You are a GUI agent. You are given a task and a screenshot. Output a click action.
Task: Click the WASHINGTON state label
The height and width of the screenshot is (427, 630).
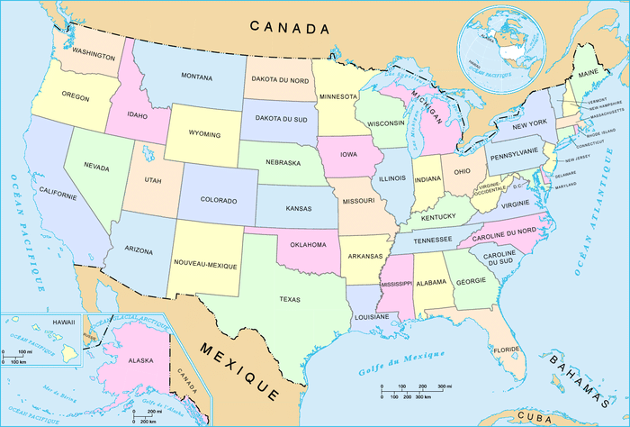pyautogui.click(x=94, y=56)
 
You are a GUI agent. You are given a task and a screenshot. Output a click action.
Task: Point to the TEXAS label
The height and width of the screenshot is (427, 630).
pyautogui.click(x=290, y=299)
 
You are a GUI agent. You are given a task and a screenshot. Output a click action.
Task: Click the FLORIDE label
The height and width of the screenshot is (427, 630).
pyautogui.click(x=507, y=350)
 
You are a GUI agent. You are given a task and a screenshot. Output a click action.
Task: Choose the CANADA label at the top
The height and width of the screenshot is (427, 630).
pyautogui.click(x=290, y=28)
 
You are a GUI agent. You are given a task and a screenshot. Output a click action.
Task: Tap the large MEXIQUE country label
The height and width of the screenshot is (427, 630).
pyautogui.click(x=239, y=371)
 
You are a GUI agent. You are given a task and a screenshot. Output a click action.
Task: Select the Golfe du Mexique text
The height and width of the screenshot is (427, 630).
pyautogui.click(x=394, y=358)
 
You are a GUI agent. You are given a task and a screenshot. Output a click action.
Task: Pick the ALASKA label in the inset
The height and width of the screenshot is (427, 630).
pyautogui.click(x=140, y=360)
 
